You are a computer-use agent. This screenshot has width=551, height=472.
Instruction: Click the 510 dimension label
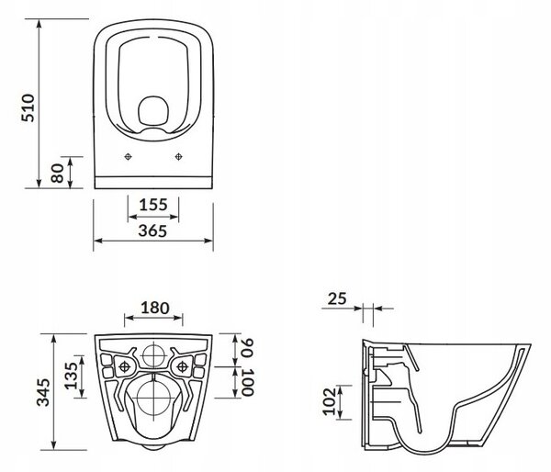28,107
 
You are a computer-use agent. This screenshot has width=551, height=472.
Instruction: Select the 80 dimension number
57,173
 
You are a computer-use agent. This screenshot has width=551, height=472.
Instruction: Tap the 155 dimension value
153,205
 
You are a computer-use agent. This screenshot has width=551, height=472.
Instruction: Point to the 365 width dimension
152,230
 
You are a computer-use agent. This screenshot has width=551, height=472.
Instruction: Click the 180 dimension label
155,308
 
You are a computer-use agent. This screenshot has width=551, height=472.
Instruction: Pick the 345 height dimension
43,392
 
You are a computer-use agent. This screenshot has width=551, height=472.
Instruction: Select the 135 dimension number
71,376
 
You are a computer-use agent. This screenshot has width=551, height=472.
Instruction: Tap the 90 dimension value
247,348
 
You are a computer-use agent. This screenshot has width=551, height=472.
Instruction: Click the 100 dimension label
247,382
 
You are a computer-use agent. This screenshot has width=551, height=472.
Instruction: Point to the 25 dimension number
337,298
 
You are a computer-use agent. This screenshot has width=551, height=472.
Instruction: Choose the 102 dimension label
330,401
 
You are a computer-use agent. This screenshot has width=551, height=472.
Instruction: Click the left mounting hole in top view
129,157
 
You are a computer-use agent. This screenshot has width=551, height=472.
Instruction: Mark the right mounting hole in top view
178,157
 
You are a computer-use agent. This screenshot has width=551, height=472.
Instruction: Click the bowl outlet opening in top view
153,110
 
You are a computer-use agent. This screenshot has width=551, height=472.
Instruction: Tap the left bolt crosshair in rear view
125,367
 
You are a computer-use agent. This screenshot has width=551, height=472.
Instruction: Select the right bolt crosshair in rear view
183,367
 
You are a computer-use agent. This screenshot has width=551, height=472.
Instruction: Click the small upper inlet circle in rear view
154,355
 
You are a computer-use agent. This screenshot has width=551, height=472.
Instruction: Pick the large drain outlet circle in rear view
154,399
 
